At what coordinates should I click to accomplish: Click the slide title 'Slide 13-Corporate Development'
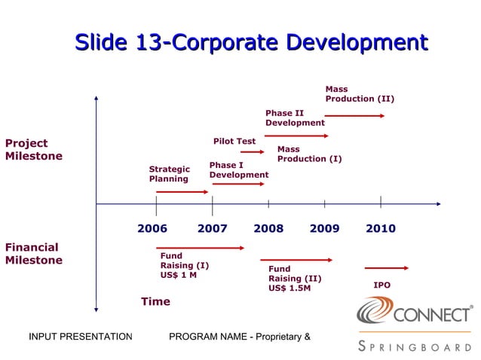(251, 42)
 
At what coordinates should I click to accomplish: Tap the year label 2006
(152, 229)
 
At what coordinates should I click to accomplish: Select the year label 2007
(213, 229)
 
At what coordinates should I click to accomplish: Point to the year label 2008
(268, 229)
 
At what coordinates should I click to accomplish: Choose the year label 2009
(324, 229)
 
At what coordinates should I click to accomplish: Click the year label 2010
(381, 229)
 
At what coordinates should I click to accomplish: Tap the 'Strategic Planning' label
(169, 174)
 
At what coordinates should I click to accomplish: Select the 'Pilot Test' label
(234, 141)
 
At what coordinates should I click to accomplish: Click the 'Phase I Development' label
(238, 170)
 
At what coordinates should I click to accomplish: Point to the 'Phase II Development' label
(295, 118)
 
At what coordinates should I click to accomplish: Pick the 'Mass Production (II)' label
(359, 94)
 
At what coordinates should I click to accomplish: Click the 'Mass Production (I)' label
(309, 154)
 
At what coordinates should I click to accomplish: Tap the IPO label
(382, 285)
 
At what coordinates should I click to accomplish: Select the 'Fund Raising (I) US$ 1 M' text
(184, 265)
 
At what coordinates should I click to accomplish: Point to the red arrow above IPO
(386, 268)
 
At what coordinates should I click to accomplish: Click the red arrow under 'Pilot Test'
(252, 152)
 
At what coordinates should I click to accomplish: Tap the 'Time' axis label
(155, 301)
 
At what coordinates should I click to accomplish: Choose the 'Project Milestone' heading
(34, 149)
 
